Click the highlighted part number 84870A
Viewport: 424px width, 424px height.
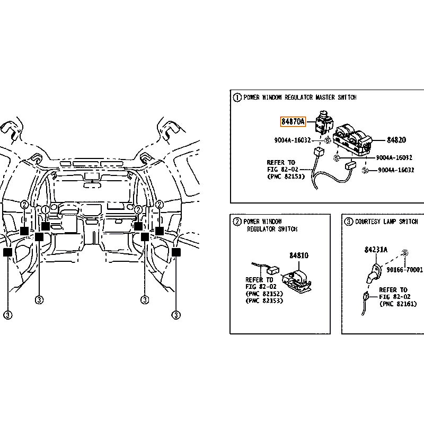tap(293, 122)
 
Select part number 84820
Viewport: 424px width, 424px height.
tap(396, 140)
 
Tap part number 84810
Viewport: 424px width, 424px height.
tap(299, 255)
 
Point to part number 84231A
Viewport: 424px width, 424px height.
tap(376, 250)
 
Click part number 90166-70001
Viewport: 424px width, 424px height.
tap(404, 270)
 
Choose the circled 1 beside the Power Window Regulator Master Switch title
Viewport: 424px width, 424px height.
tap(237, 98)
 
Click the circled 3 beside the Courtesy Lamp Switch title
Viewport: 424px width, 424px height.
tap(349, 222)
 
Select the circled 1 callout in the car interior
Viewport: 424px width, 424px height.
tap(46, 209)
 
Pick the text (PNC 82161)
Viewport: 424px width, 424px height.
tap(399, 304)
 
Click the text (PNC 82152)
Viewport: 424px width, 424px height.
tap(264, 294)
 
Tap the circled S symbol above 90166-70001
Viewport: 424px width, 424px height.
tap(405, 253)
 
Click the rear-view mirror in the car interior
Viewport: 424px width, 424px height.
tap(92, 185)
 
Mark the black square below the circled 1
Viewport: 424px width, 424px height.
tap(46, 226)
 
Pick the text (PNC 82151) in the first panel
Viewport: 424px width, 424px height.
tap(286, 176)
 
